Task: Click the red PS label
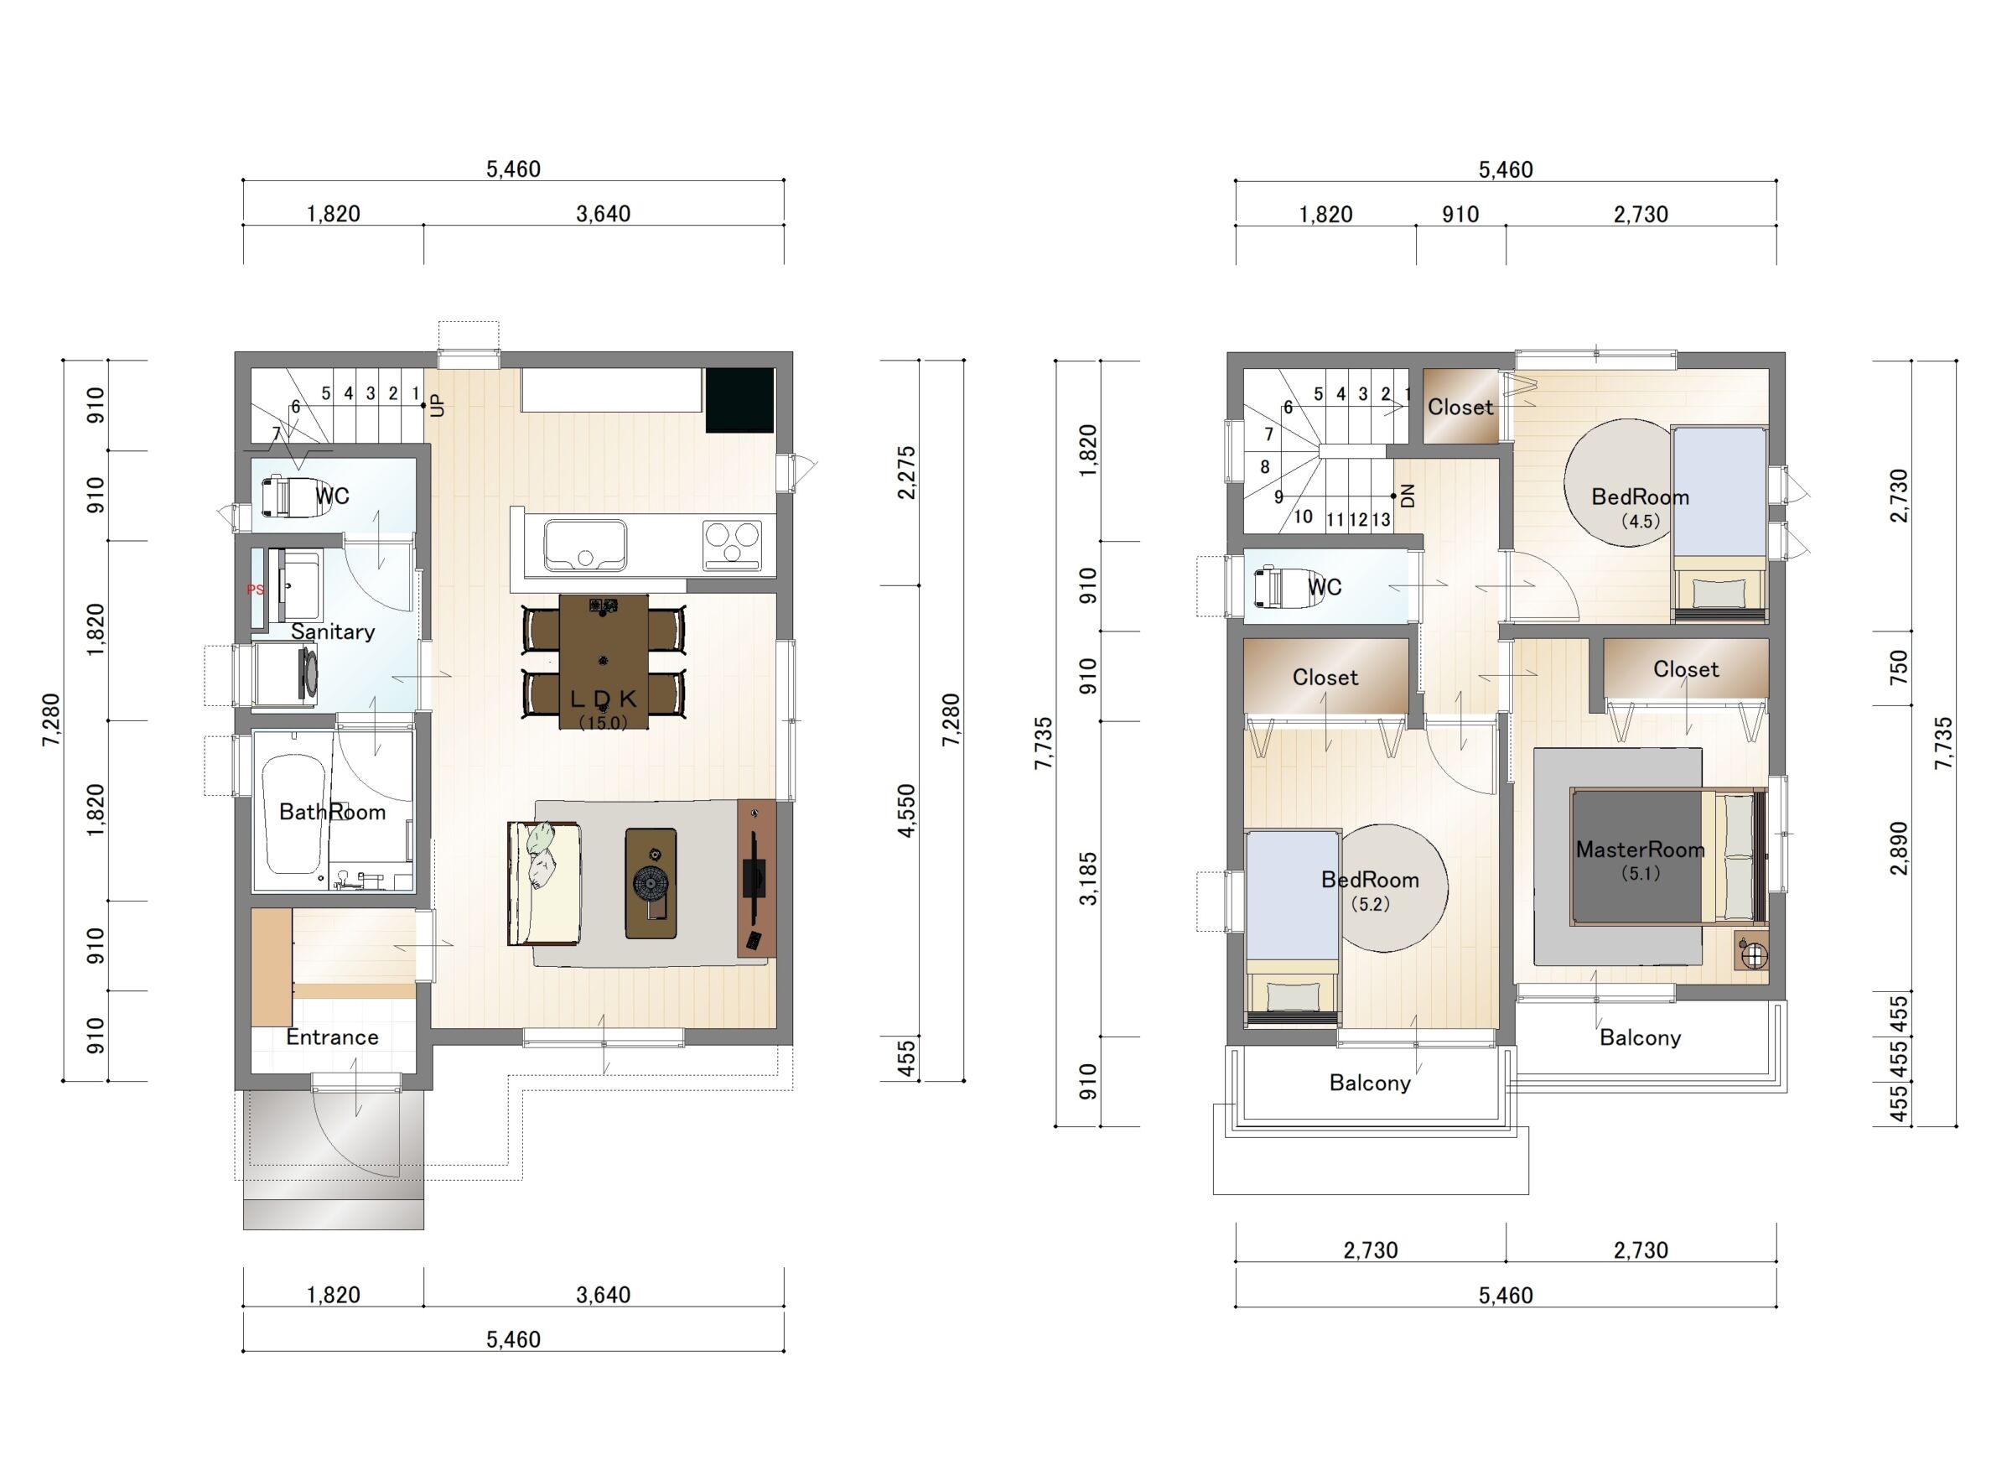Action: tap(256, 590)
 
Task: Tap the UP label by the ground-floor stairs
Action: tap(438, 406)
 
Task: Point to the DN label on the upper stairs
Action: tap(1407, 496)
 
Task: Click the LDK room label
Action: tap(603, 699)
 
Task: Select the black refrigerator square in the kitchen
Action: tap(739, 401)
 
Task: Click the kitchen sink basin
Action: tap(585, 546)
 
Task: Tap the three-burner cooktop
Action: tap(733, 545)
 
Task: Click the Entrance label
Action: tap(332, 1037)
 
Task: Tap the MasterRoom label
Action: tap(1640, 850)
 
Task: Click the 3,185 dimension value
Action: tap(1087, 880)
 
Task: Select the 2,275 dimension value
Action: tap(907, 472)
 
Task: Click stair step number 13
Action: tap(1381, 520)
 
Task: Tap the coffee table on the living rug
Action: tap(651, 884)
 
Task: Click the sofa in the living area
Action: tap(544, 883)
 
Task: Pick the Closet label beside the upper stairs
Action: tap(1461, 407)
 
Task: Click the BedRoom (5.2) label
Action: tap(1371, 891)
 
